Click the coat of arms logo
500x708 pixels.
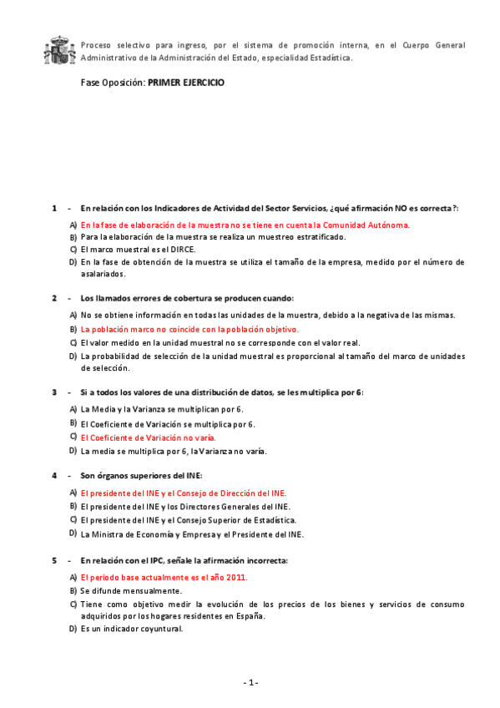[58, 51]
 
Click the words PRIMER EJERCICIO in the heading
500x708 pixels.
[186, 83]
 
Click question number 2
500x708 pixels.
[55, 298]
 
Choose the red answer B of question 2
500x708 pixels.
[189, 329]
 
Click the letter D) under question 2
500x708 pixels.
[73, 357]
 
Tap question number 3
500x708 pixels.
[55, 392]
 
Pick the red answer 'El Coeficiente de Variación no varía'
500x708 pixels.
[148, 437]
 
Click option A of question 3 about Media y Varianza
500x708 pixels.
[161, 408]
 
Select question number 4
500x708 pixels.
[55, 475]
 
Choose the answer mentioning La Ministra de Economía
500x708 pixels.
[192, 534]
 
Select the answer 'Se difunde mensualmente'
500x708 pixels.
[131, 590]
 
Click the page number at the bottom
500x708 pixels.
[250, 683]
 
